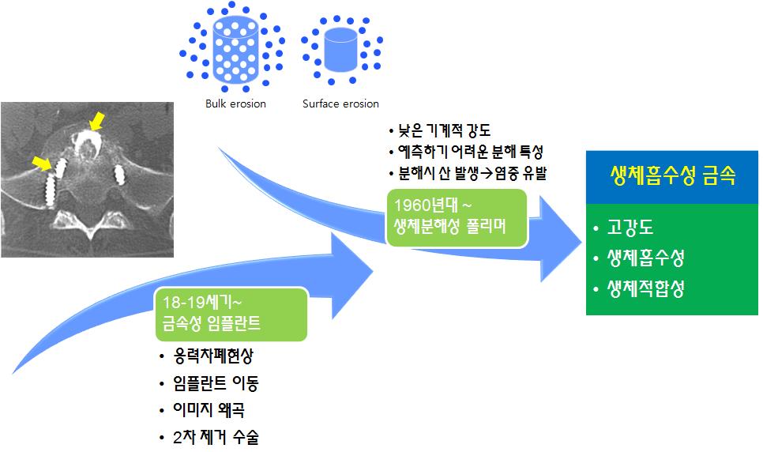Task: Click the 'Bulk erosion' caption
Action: tap(235, 104)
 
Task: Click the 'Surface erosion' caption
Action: tap(340, 104)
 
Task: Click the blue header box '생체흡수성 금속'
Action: tap(672, 176)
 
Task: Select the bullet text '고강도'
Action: tap(629, 230)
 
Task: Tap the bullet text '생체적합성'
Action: tap(645, 288)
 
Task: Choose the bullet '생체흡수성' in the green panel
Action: tap(645, 259)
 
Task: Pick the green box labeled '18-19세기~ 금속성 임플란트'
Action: tap(231, 315)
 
